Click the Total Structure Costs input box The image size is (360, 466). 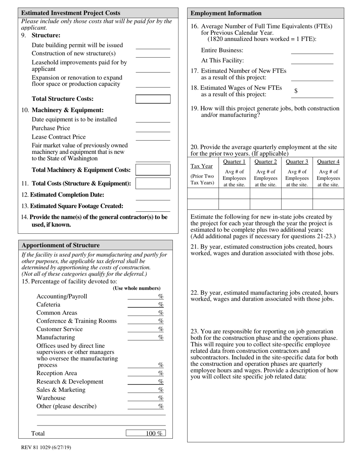tap(153, 99)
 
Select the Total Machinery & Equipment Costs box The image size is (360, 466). tap(153, 170)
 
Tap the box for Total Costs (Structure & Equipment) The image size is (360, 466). tap(153, 183)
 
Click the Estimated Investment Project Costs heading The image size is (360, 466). tap(71, 13)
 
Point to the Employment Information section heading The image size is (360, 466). tap(226, 13)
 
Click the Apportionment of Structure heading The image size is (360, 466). tap(61, 245)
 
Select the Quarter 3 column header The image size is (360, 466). tap(297, 162)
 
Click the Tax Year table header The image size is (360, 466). tap(202, 166)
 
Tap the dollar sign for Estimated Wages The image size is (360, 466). tap(296, 91)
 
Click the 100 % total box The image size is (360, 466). tap(146, 433)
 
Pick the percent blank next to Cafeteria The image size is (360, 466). tap(146, 305)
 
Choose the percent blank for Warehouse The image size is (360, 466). tap(146, 398)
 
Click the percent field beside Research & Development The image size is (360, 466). tap(146, 382)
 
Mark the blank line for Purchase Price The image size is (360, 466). tap(153, 129)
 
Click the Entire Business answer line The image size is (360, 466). tap(312, 51)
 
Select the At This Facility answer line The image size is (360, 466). tap(312, 61)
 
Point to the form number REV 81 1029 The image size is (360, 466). tap(46, 447)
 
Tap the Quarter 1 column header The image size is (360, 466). tap(234, 162)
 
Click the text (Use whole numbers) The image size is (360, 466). tap(136, 288)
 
